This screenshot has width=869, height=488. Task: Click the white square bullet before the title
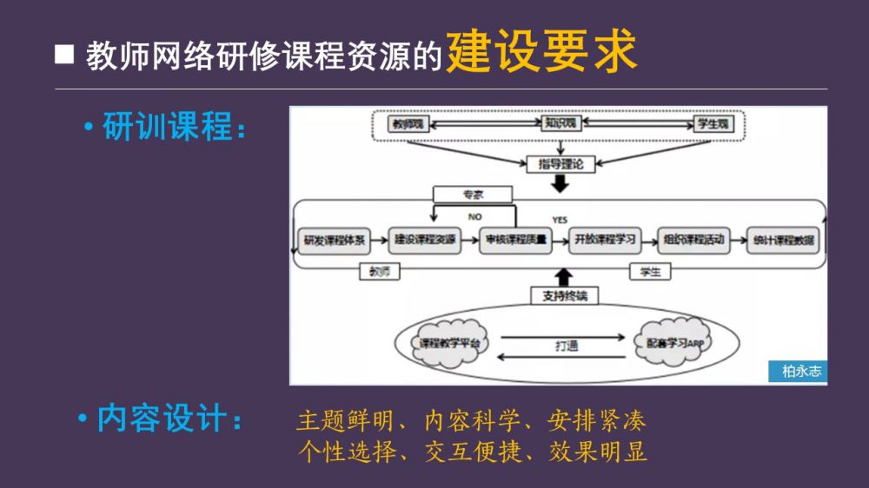64,55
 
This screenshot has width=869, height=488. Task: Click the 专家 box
472,195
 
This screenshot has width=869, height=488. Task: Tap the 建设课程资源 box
425,241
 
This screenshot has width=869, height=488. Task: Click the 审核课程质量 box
515,241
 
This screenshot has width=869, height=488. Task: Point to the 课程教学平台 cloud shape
449,342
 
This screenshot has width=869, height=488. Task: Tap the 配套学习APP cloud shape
674,342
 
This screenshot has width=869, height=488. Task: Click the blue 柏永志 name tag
798,372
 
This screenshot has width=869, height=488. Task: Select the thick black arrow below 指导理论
560,183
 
